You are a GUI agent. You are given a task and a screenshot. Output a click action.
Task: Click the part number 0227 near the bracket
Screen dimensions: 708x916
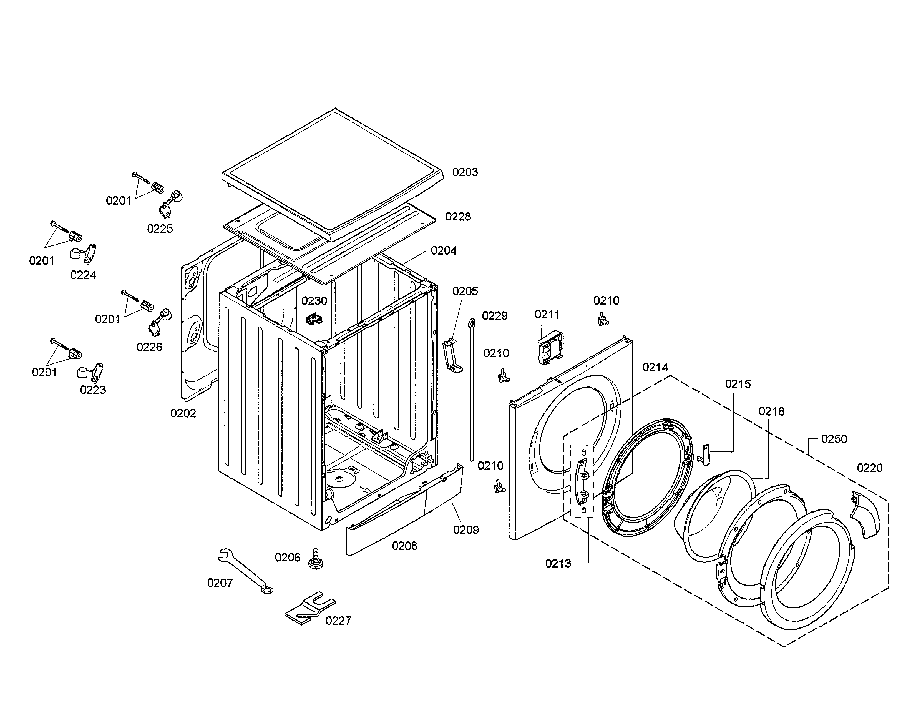(x=338, y=621)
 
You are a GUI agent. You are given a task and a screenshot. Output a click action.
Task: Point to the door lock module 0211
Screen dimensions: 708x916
(x=550, y=348)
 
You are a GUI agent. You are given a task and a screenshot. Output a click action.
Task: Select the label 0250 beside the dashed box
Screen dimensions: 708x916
(x=834, y=439)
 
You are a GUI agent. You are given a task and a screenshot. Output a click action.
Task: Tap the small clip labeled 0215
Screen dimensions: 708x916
(x=705, y=455)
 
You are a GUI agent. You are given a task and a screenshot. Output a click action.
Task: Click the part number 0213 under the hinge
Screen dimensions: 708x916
(x=558, y=564)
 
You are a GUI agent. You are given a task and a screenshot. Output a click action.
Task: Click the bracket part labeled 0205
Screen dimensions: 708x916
(x=452, y=356)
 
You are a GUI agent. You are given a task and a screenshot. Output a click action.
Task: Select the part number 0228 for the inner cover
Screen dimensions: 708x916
(x=458, y=217)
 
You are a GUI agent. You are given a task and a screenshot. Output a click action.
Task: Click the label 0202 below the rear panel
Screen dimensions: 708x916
(x=183, y=414)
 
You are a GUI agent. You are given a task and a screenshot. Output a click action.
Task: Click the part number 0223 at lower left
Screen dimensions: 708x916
(x=93, y=390)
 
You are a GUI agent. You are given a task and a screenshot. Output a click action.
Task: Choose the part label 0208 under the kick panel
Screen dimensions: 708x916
(x=404, y=546)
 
